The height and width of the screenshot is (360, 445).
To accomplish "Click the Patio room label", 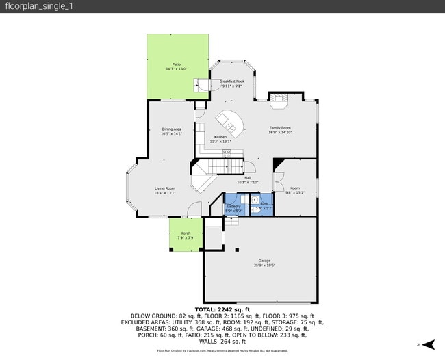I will tap(177, 65).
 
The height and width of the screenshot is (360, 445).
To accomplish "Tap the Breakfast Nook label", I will tap(231, 81).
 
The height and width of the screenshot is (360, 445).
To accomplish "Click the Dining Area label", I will tap(171, 129).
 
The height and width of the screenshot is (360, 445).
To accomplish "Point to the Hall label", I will tap(247, 177).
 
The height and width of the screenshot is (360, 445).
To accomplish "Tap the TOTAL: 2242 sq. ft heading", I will tap(222, 309).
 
